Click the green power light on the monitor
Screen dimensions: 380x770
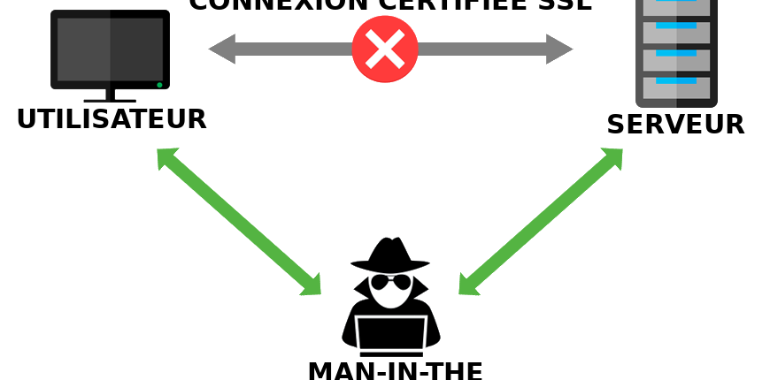point(159,85)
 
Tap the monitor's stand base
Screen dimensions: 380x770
point(110,100)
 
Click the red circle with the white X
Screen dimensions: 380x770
point(384,49)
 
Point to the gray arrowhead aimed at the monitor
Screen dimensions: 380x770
point(220,49)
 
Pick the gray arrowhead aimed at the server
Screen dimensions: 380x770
point(559,49)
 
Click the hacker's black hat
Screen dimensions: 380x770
point(389,253)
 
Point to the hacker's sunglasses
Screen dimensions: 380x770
point(390,283)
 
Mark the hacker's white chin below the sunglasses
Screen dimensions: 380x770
point(390,299)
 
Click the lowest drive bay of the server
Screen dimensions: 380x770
point(676,87)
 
